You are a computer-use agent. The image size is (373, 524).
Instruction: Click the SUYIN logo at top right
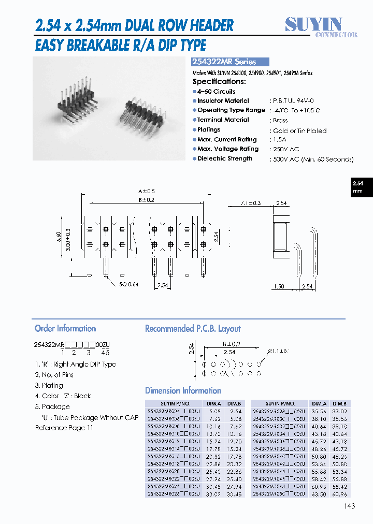pos(321,26)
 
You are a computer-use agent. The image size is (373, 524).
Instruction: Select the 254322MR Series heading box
pos(231,62)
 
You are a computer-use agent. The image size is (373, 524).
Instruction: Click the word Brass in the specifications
pos(280,120)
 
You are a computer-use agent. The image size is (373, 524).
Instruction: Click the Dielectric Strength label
pos(224,159)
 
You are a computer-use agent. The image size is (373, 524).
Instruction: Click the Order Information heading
pos(65,329)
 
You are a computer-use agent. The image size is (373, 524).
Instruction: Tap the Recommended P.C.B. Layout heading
pos(193,329)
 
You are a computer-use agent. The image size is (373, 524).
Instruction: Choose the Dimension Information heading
pos(183,391)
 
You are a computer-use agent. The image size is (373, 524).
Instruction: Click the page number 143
pos(349,506)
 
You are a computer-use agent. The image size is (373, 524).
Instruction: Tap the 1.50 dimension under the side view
pos(278,286)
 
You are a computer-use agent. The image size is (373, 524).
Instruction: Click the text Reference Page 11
pos(64,428)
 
